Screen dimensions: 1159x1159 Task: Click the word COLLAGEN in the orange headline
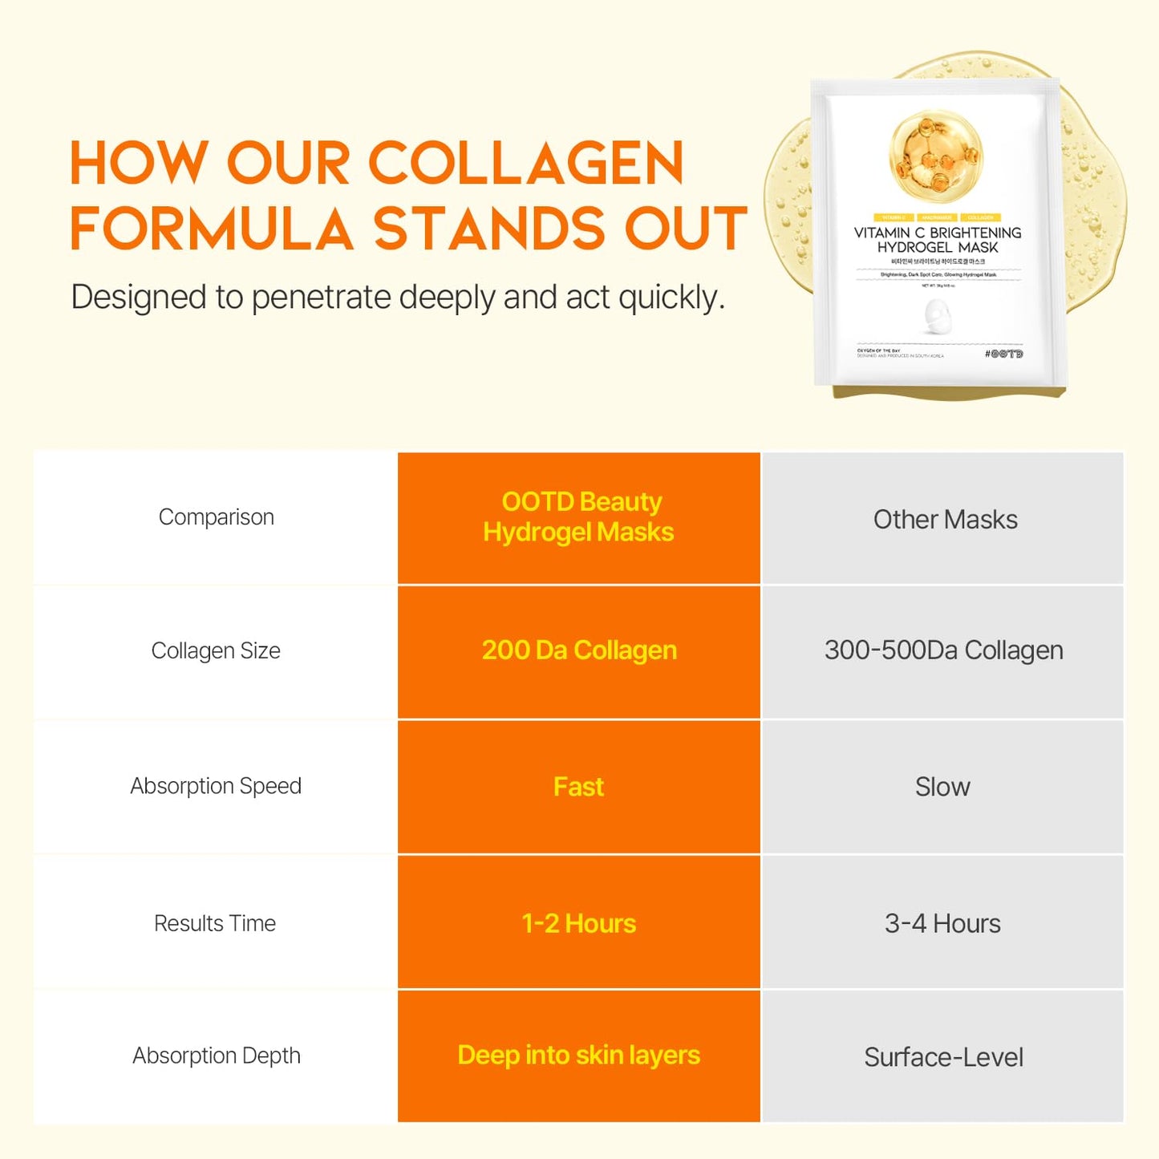pos(525,164)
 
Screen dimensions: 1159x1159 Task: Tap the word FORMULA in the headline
pos(212,229)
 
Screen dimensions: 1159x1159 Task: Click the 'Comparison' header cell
pos(217,517)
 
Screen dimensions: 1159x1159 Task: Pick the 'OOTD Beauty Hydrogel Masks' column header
pos(578,517)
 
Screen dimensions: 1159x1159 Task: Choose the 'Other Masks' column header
pos(945,520)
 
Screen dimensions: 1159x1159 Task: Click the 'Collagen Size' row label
pos(216,650)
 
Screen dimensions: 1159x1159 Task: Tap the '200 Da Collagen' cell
pos(579,650)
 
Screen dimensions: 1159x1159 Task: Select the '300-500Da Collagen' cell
pos(943,650)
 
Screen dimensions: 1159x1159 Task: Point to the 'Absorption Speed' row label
pos(216,786)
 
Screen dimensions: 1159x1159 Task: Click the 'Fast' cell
pos(578,787)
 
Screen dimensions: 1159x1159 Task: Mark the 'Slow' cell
pos(942,787)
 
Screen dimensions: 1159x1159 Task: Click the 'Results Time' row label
pos(215,923)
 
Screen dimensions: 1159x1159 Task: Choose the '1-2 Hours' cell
pos(578,923)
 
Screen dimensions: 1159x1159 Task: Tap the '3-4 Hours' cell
pos(942,923)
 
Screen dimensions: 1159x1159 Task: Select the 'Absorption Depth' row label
pos(217,1056)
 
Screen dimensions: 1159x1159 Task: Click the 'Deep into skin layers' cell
pos(578,1056)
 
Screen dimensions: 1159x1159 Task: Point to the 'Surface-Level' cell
pos(943,1057)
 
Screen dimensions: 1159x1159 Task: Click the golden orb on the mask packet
pos(936,156)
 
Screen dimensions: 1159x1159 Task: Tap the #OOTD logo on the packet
pos(1003,354)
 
